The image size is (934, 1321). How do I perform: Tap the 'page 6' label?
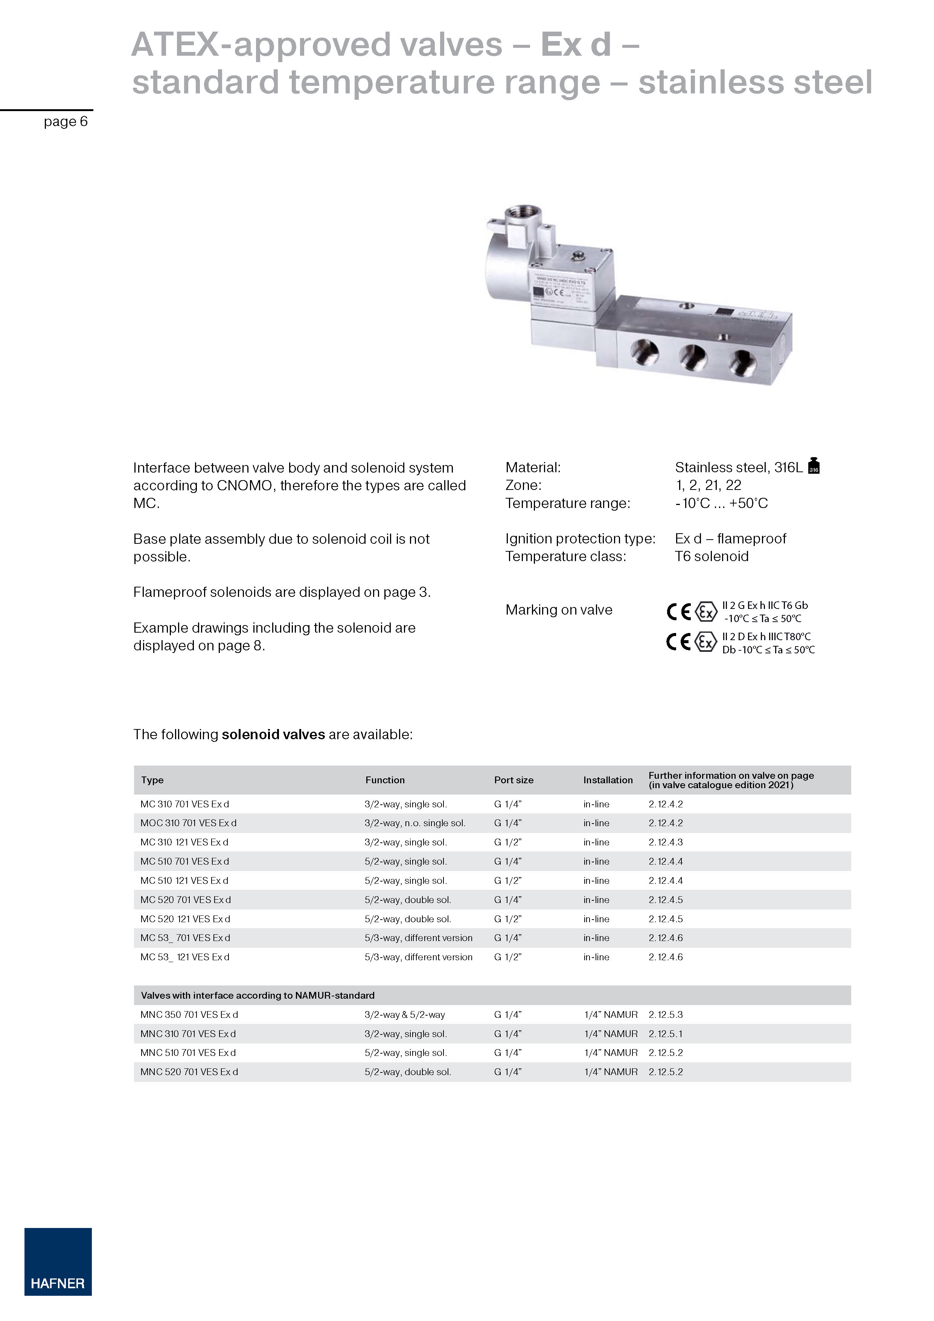point(66,121)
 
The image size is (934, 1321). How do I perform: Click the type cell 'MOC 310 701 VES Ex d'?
point(188,823)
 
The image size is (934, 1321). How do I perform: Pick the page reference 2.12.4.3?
point(666,842)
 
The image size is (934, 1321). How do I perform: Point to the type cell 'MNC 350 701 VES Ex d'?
point(189,1014)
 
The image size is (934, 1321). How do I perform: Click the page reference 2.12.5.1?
point(666,1033)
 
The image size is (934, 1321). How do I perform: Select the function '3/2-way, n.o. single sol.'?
point(414,823)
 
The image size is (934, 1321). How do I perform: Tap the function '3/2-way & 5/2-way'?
point(404,1014)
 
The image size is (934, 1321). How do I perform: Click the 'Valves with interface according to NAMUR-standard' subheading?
point(257,995)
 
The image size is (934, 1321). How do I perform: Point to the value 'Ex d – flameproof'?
point(730,538)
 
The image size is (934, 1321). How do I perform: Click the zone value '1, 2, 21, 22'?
point(708,485)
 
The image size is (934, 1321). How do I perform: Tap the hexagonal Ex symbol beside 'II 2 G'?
point(705,611)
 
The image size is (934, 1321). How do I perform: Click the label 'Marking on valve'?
point(558,610)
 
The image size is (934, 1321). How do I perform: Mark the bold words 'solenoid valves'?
point(273,734)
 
